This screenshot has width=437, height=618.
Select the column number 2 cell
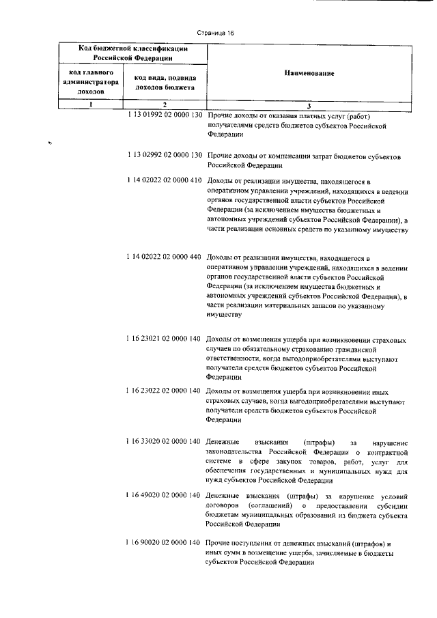coord(165,104)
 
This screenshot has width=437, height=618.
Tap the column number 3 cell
coord(309,105)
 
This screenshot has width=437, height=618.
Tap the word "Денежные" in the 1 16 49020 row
coord(223,494)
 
